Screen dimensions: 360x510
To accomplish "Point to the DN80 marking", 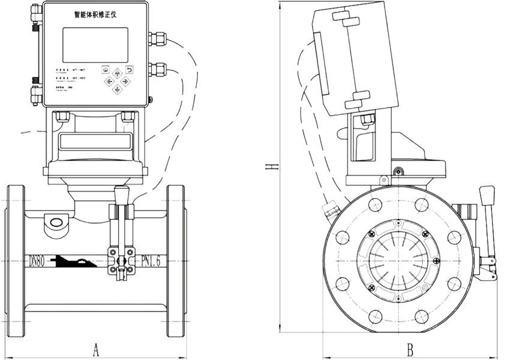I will click(37, 261).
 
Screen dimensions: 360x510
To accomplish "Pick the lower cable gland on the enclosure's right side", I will click(158, 67).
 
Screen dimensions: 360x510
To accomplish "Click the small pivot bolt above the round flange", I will click(397, 172).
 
